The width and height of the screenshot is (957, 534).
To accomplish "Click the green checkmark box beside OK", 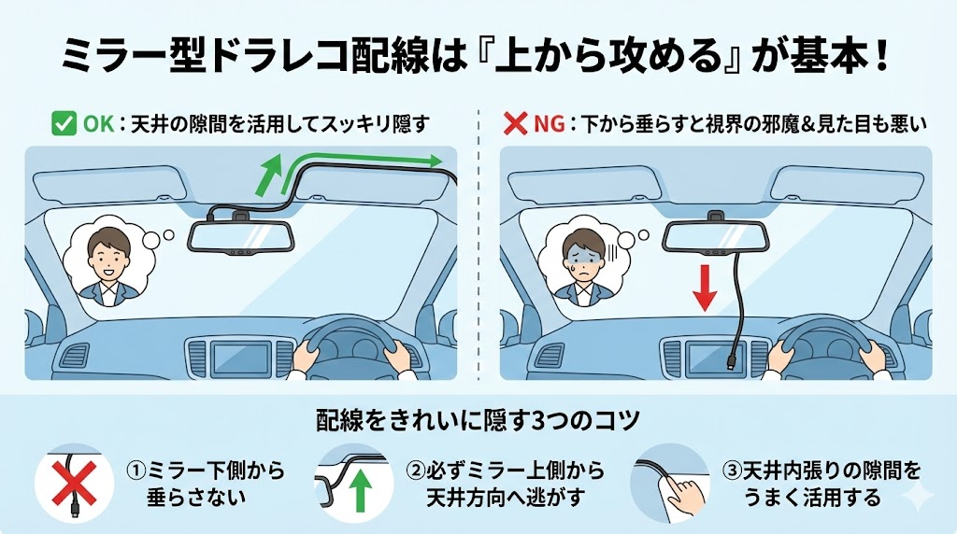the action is (x=64, y=123).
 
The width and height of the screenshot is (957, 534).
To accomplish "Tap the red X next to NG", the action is (x=515, y=124).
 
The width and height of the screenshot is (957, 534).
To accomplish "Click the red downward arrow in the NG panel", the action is (x=705, y=288).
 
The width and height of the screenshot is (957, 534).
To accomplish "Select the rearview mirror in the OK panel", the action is (x=242, y=238).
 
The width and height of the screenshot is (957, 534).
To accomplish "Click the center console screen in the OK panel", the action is (x=240, y=358).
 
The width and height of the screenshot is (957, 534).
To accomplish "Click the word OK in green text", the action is (x=99, y=124).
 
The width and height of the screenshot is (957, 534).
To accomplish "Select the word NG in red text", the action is (x=549, y=124).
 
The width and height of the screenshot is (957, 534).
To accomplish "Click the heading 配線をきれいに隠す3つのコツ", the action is (x=478, y=421).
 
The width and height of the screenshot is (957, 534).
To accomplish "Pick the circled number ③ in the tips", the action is (x=731, y=471).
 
